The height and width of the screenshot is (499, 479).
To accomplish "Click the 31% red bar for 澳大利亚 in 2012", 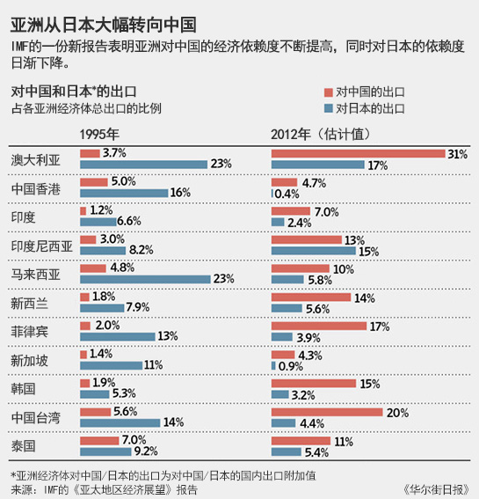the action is [359, 154].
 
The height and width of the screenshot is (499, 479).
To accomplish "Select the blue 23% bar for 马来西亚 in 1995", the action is [145, 279].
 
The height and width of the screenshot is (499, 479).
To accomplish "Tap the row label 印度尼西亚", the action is [42, 246].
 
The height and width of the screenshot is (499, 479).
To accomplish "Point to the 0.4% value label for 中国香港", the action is [287, 194].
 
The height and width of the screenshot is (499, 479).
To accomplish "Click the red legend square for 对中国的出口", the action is [329, 92].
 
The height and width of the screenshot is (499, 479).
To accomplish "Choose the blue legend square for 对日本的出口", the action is [329, 108].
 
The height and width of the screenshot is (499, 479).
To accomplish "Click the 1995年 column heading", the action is [99, 135].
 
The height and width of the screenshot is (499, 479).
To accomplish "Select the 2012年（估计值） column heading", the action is [321, 135].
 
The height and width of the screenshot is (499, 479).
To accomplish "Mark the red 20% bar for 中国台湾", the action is [327, 412].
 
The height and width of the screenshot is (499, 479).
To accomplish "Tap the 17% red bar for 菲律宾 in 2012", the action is [319, 326].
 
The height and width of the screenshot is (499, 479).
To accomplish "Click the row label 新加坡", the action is [30, 361].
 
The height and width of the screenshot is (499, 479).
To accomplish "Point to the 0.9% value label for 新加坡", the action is [291, 366].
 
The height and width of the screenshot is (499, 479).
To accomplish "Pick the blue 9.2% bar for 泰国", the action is [105, 451].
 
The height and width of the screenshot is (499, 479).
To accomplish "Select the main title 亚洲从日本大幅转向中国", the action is [104, 26].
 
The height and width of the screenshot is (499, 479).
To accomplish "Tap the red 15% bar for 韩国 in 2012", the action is [314, 384].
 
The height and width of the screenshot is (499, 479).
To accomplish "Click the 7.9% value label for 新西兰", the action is [138, 307].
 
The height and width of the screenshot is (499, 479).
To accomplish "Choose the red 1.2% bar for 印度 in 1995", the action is [83, 211].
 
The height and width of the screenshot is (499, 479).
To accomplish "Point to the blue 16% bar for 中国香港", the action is [124, 193].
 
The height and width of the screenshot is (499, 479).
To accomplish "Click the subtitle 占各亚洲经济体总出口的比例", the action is [86, 109].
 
